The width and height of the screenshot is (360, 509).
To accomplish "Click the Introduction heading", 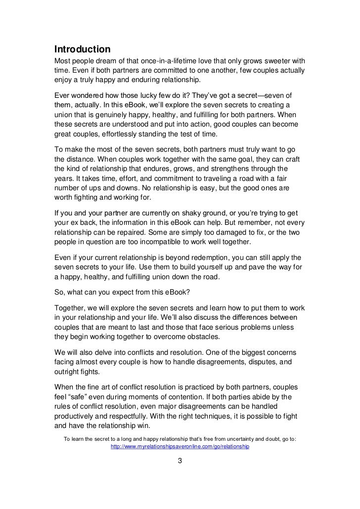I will pyautogui.click(x=82, y=49).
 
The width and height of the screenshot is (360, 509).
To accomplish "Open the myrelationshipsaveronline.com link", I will pyautogui.click(x=180, y=447).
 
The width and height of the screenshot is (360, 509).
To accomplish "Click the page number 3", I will pyautogui.click(x=180, y=462).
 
